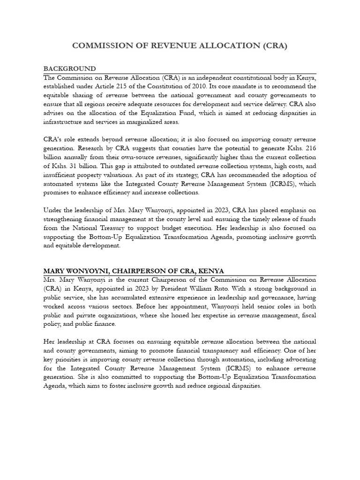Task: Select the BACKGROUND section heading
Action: pyautogui.click(x=69, y=69)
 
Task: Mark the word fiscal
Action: pyautogui.click(x=307, y=315)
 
